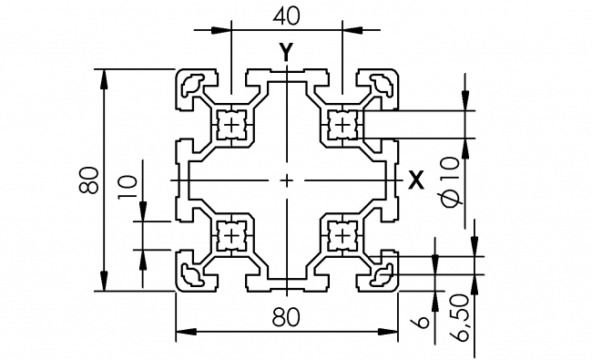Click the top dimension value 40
pos(287,15)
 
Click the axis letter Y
pos(287,52)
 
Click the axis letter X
pos(416,180)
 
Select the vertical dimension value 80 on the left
pos(88,180)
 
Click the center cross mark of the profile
pos(287,180)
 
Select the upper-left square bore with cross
pos(233,124)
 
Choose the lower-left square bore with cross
pos(233,235)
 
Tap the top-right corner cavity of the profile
pos(380,86)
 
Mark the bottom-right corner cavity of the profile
pos(380,273)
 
